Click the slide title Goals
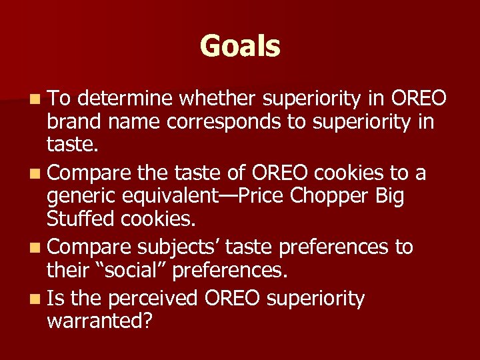[x=240, y=47]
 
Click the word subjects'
[x=179, y=247]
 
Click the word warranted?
[x=100, y=322]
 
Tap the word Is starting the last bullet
[x=57, y=298]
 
